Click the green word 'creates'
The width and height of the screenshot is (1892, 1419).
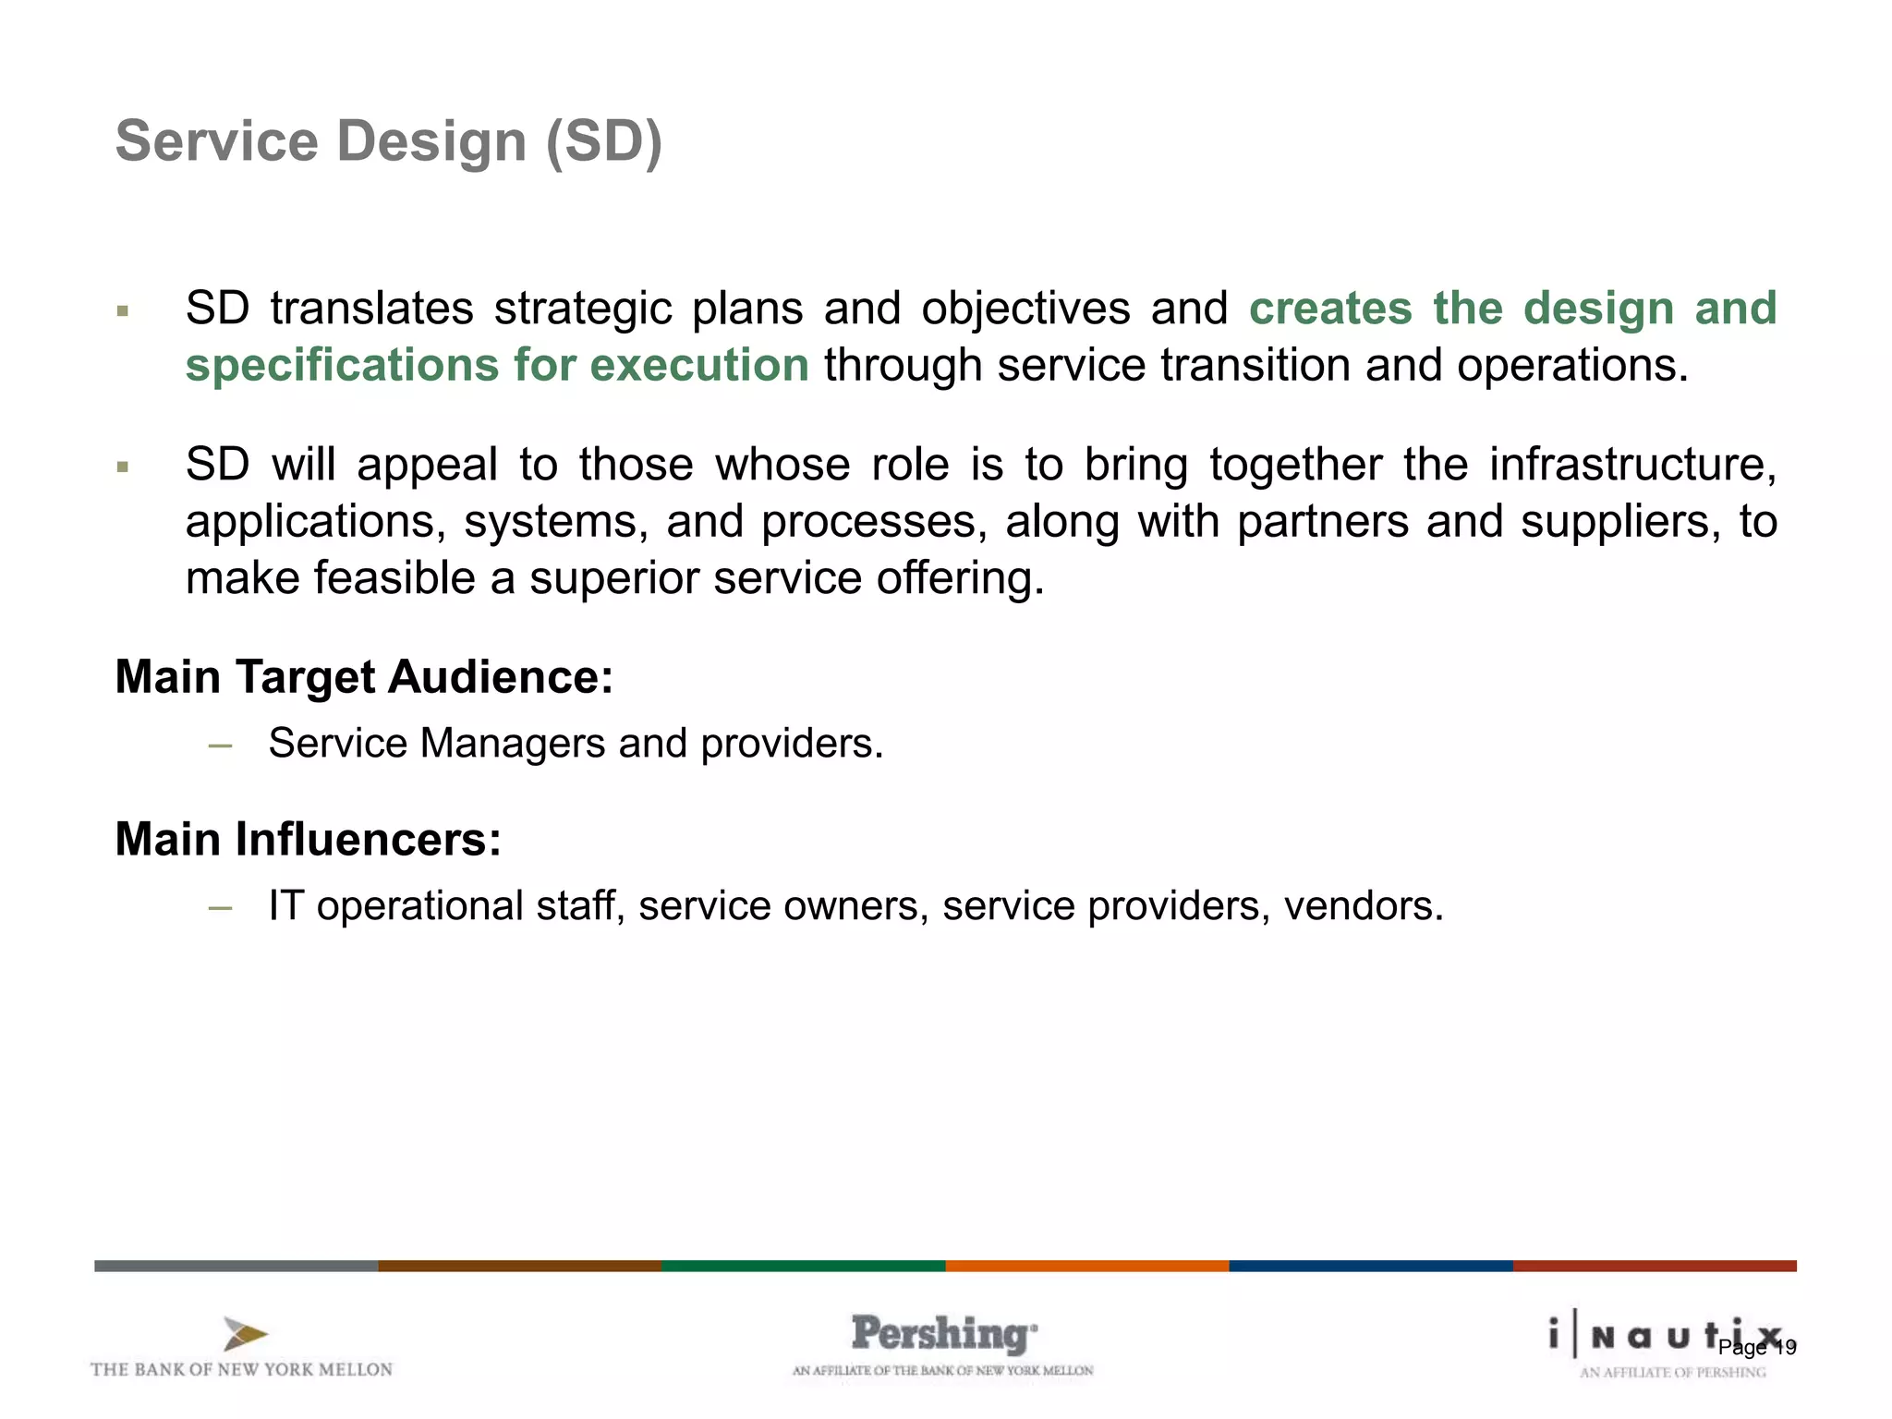pyautogui.click(x=1330, y=309)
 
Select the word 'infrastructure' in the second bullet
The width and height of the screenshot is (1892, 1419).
pyautogui.click(x=1631, y=464)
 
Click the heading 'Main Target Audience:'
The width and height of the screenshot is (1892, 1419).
pyautogui.click(x=364, y=677)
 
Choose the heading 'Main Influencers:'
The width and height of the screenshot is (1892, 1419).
pyautogui.click(x=308, y=840)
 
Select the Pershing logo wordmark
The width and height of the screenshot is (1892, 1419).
pyautogui.click(x=942, y=1334)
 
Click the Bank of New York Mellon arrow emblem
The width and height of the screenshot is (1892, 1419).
pyautogui.click(x=245, y=1334)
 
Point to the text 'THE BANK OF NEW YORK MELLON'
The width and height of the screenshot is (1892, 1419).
pyautogui.click(x=241, y=1369)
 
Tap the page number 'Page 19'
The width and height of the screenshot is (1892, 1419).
pyautogui.click(x=1757, y=1348)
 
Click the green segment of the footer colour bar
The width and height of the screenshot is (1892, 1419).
pyautogui.click(x=803, y=1266)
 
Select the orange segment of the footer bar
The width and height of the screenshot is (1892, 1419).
pyautogui.click(x=1086, y=1266)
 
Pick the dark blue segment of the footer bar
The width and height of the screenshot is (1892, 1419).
pyautogui.click(x=1370, y=1266)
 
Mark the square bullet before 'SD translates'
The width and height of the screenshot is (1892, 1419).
pyautogui.click(x=122, y=311)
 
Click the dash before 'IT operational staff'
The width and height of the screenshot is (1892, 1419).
pyautogui.click(x=220, y=907)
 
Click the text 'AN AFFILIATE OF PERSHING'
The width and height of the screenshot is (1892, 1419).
pyautogui.click(x=1672, y=1373)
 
